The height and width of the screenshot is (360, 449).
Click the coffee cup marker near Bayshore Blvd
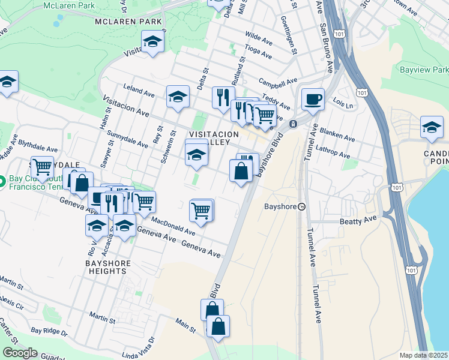312,99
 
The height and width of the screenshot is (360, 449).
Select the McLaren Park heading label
128,22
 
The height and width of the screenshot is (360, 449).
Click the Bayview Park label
424,70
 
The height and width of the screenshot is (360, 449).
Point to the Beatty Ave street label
359,221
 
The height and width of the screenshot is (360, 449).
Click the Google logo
20,352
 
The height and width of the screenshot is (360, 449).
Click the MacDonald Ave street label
173,227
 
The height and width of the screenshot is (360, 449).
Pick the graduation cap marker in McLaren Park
152,42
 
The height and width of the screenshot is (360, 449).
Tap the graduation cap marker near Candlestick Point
431,127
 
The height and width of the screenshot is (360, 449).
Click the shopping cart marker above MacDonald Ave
200,211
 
